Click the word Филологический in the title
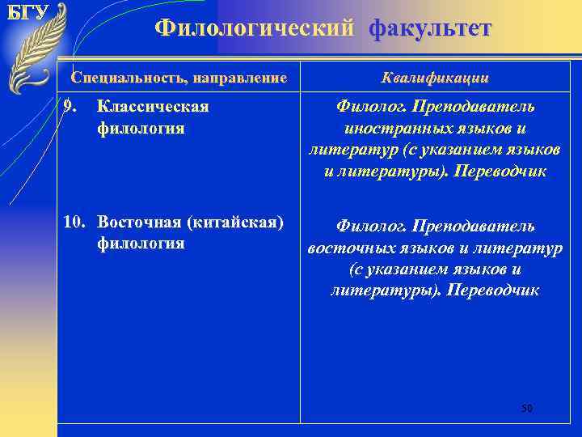coord(255,28)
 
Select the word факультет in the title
coord(430,28)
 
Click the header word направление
coord(238,78)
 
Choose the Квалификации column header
coord(435,78)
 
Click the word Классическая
coord(153,107)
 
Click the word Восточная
coord(141,222)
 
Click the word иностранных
coord(383,129)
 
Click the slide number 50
coord(527,408)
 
